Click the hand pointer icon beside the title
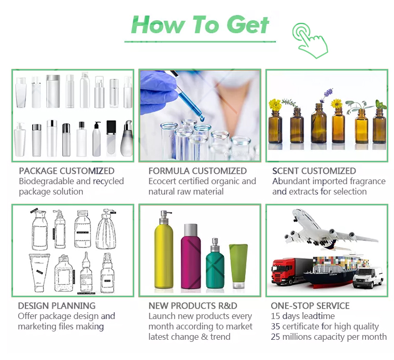[311, 40]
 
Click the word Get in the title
[247, 24]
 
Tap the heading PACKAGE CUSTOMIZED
[66, 171]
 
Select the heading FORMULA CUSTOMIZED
[198, 171]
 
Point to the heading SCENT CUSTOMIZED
[314, 171]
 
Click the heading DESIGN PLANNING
[57, 306]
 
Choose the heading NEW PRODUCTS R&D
[193, 306]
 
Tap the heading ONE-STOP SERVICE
[310, 306]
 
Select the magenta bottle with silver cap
[191, 256]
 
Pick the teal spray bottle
[215, 264]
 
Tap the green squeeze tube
[238, 266]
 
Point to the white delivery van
[369, 278]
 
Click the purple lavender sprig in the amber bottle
[328, 93]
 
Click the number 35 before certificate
[275, 327]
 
